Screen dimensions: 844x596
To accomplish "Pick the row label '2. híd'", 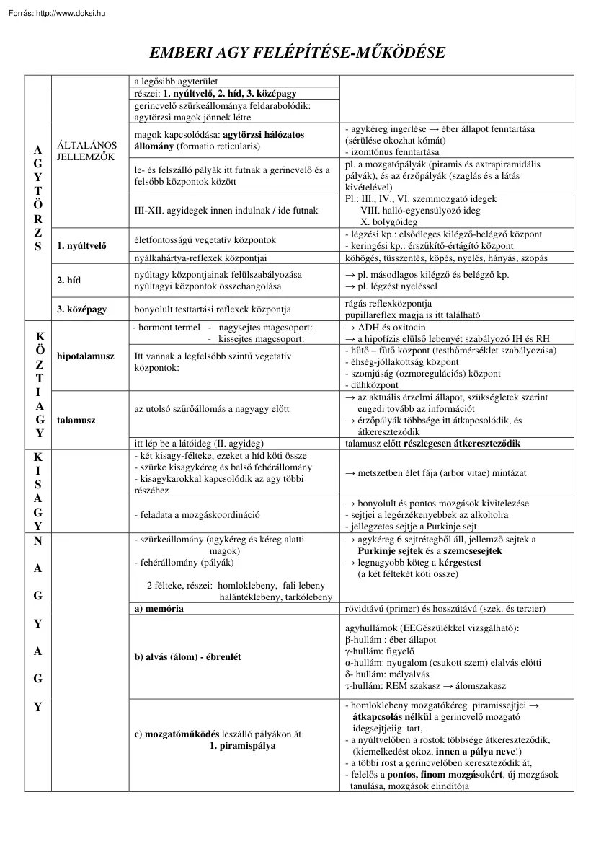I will [69, 281].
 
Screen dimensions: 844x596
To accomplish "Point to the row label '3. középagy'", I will [81, 309].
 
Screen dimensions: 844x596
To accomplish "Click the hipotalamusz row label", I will [85, 356].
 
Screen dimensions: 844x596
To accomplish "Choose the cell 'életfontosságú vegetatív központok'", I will [204, 239].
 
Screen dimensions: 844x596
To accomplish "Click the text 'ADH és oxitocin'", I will [391, 327].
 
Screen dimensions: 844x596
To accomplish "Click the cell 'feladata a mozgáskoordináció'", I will [197, 514].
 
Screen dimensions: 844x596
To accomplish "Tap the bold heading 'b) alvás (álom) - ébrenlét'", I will [187, 657].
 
